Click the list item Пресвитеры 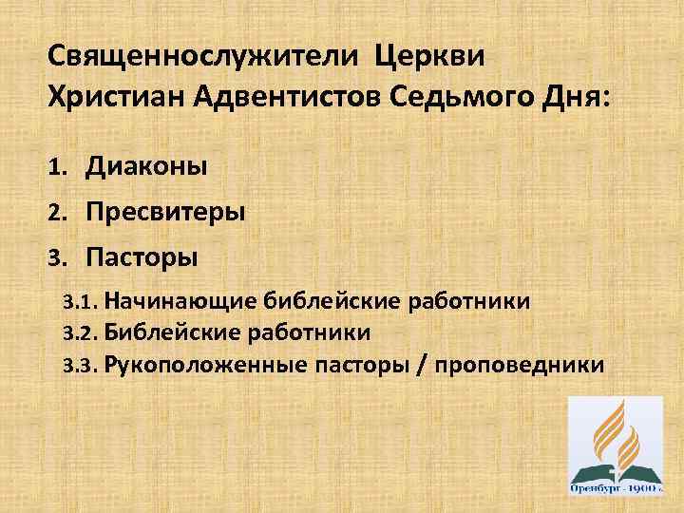pyautogui.click(x=166, y=212)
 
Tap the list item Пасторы pyautogui.click(x=142, y=256)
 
